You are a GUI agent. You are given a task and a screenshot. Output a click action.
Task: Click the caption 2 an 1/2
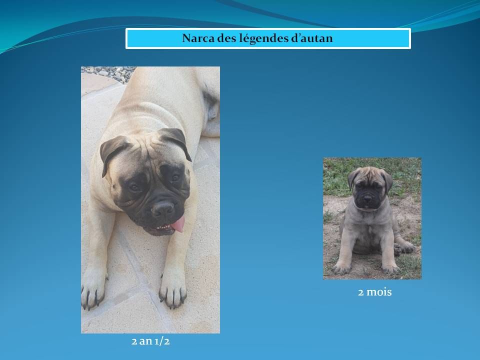(x=150, y=341)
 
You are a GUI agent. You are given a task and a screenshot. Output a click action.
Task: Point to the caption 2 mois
(x=374, y=292)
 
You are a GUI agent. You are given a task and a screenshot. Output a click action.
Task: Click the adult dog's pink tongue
(x=179, y=224)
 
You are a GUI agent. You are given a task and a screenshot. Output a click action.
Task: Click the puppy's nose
(x=367, y=198)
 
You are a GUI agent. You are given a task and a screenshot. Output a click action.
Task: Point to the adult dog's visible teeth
(x=162, y=228)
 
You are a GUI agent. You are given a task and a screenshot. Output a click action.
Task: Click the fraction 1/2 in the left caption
(x=162, y=341)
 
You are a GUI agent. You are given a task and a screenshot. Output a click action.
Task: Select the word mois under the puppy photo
(x=379, y=292)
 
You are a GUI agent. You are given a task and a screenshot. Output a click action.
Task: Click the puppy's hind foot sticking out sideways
(x=404, y=246)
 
